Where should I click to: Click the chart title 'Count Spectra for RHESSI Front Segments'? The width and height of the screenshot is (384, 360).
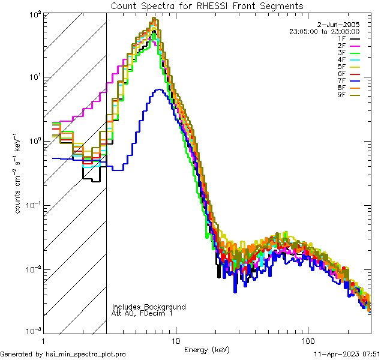(207, 5)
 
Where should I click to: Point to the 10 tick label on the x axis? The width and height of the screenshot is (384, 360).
(175, 341)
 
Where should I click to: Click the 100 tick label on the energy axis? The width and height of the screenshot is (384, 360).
(307, 341)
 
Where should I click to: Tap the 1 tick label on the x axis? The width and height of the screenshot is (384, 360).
(43, 341)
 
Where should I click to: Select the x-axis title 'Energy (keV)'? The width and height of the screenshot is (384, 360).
(207, 349)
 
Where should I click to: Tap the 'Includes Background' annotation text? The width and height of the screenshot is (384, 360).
(149, 307)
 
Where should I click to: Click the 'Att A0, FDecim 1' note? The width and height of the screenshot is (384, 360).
(142, 313)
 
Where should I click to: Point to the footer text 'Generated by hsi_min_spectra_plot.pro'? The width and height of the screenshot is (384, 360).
(63, 355)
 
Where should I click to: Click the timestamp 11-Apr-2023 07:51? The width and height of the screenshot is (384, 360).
(347, 355)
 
